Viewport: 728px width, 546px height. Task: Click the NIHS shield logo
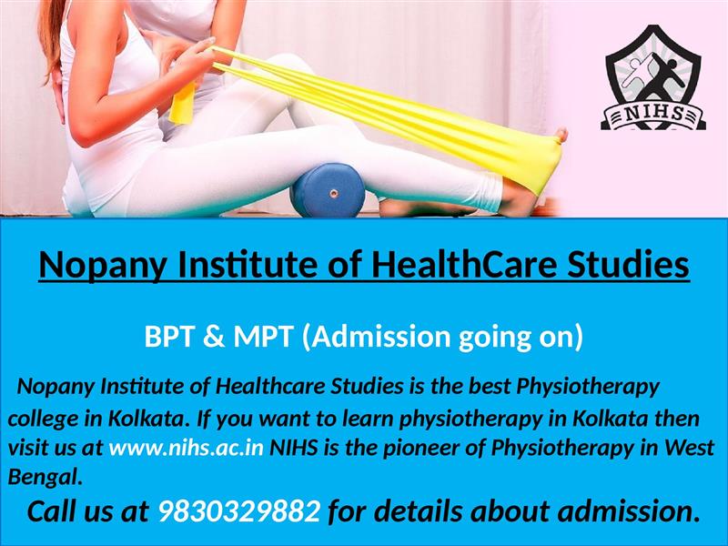(x=653, y=77)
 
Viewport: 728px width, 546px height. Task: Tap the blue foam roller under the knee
(x=328, y=190)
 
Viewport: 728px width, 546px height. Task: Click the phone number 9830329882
(x=239, y=511)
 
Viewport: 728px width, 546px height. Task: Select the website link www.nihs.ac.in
(x=187, y=448)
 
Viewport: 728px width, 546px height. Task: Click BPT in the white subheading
(x=168, y=337)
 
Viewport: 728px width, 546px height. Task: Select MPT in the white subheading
(x=263, y=337)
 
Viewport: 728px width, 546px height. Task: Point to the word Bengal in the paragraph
(x=45, y=477)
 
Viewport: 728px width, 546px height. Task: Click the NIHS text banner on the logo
(x=653, y=115)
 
